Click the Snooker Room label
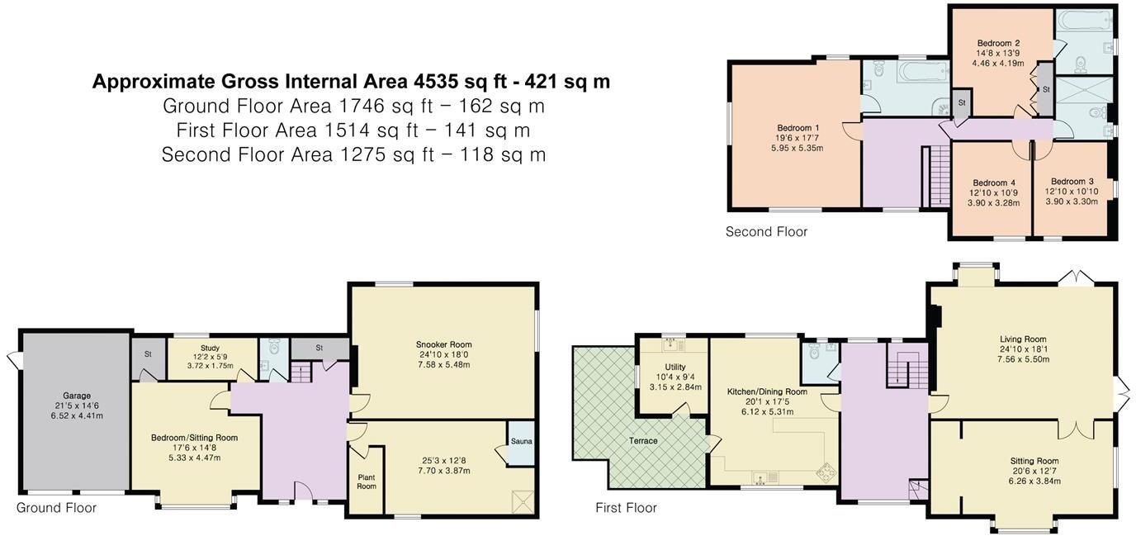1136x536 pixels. point(443,344)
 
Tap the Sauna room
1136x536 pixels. point(521,441)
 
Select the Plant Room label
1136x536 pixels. point(367,481)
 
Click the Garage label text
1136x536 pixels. point(77,396)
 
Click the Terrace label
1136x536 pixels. point(643,441)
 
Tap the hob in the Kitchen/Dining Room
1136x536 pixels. point(824,472)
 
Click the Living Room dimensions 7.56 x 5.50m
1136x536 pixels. point(1023,359)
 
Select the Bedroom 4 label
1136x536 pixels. point(994,183)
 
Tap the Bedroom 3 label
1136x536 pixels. point(1072,182)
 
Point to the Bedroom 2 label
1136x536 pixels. point(998,43)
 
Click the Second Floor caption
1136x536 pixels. point(766,232)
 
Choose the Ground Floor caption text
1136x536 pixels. point(56,508)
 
